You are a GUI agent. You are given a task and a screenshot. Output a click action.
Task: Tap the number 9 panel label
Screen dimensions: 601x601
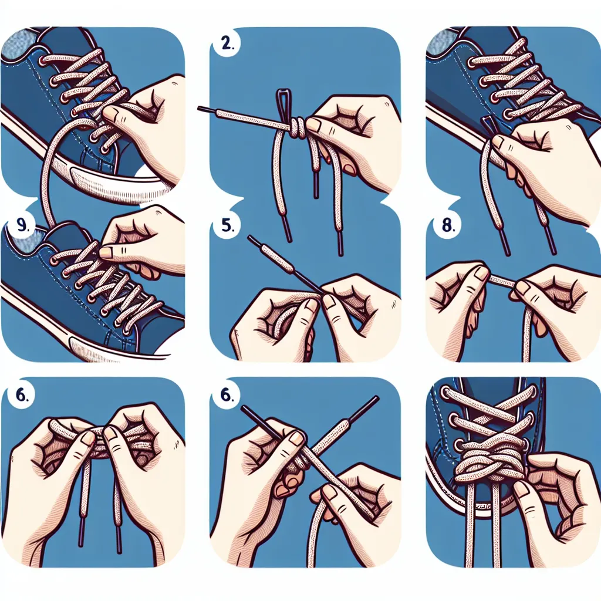(x=22, y=226)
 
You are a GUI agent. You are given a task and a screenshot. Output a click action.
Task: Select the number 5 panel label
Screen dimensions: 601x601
(x=228, y=225)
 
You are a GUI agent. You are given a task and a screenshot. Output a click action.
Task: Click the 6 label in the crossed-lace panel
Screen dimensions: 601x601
(x=227, y=395)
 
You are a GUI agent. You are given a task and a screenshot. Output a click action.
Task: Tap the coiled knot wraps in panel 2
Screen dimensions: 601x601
(x=298, y=129)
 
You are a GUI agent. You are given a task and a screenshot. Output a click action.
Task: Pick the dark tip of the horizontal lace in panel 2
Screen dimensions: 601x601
(x=207, y=110)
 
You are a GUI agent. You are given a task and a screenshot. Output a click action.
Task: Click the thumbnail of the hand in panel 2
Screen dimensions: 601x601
(x=315, y=124)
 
